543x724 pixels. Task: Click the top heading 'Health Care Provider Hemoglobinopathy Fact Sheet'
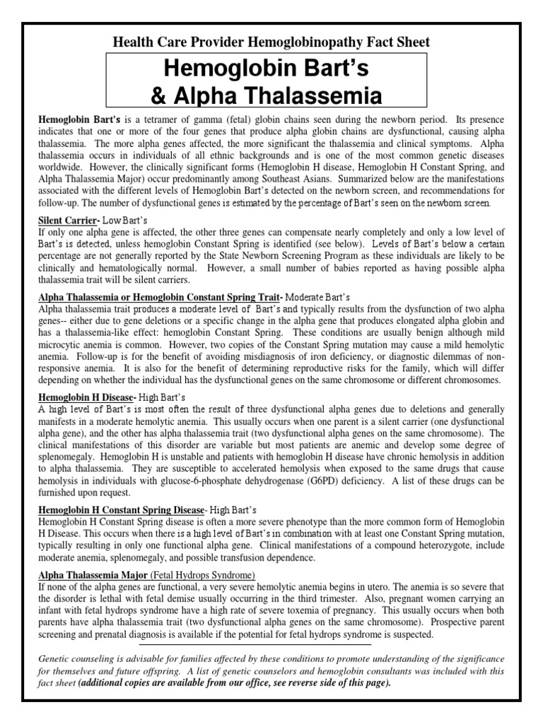271,42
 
